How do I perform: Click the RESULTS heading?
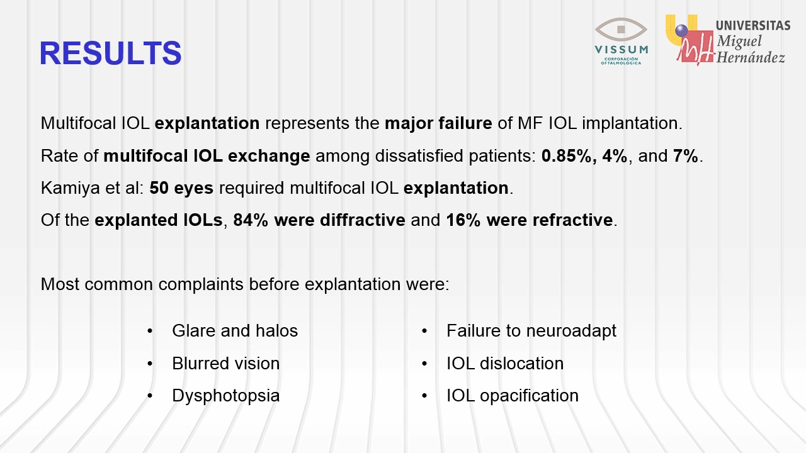(x=110, y=53)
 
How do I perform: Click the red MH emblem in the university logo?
(x=695, y=47)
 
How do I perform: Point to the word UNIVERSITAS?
(x=753, y=26)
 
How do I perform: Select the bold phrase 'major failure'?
(x=438, y=123)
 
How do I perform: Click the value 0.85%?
(x=566, y=155)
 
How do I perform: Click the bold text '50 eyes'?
(x=181, y=188)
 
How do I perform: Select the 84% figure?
(x=251, y=220)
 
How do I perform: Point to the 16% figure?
(x=463, y=220)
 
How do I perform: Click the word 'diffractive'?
(x=362, y=220)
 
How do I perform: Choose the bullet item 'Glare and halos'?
(x=235, y=331)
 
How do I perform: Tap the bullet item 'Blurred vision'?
(x=226, y=364)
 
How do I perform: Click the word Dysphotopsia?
(x=226, y=396)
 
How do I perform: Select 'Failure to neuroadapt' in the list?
(x=531, y=331)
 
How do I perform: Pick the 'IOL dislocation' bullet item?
(x=505, y=364)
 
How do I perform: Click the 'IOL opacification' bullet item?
(x=513, y=396)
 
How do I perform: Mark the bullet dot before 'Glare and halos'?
(x=150, y=331)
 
